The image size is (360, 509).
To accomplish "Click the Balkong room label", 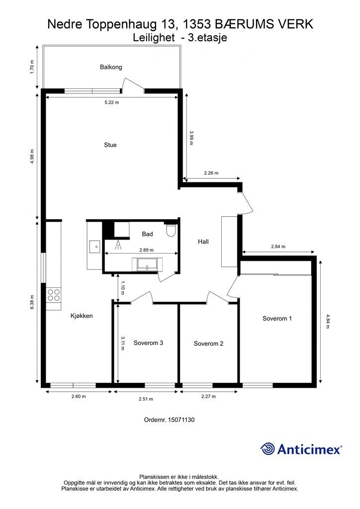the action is pyautogui.click(x=111, y=67).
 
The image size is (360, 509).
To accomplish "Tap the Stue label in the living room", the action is pyautogui.click(x=110, y=145).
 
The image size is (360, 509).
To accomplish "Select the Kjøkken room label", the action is pyautogui.click(x=82, y=316).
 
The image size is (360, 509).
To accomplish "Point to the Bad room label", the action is pyautogui.click(x=147, y=234).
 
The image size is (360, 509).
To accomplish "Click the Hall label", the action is pyautogui.click(x=203, y=242).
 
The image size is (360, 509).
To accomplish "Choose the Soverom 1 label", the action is pyautogui.click(x=277, y=319).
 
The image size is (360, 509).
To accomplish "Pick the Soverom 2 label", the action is pyautogui.click(x=208, y=343).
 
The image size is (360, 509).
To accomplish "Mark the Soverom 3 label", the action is pyautogui.click(x=148, y=343).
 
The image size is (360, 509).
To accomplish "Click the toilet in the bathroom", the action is pyautogui.click(x=171, y=230).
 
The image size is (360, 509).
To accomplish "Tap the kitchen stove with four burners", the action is pyautogui.click(x=54, y=295).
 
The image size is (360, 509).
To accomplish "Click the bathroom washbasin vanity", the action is pyautogui.click(x=147, y=264).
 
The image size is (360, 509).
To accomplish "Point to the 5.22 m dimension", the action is pyautogui.click(x=112, y=102).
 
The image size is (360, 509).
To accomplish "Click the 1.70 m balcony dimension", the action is pyautogui.click(x=31, y=67).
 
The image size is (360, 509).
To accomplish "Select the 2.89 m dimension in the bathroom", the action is pyautogui.click(x=146, y=250).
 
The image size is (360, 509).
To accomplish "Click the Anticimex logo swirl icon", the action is pyautogui.click(x=268, y=449).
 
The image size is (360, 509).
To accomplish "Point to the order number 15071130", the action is pyautogui.click(x=181, y=420).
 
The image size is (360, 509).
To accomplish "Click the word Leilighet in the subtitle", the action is pyautogui.click(x=154, y=38).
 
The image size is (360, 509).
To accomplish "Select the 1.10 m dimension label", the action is pyautogui.click(x=122, y=288).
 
